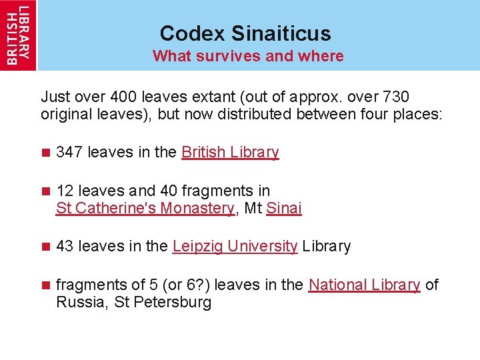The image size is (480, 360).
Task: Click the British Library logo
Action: [18, 35]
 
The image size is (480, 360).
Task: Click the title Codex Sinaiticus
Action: [245, 33]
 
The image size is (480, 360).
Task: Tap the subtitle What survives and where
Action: [248, 56]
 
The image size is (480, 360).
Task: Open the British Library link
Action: [230, 152]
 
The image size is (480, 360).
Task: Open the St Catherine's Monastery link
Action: [145, 208]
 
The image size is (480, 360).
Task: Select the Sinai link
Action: [284, 208]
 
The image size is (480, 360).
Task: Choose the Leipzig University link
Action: [235, 246]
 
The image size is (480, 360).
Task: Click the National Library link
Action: [364, 285]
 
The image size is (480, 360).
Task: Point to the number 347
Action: [69, 152]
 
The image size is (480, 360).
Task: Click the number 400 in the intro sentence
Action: [125, 97]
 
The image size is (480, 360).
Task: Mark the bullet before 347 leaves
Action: [45, 153]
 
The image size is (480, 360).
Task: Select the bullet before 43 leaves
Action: [45, 247]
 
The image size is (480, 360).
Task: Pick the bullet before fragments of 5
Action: [45, 285]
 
